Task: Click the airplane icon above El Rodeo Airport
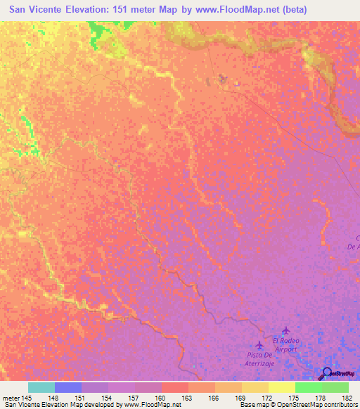285,330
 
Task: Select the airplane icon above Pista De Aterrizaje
260,345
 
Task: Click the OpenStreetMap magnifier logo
327,373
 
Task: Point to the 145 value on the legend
27,398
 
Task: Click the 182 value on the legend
347,398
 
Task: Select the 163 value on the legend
188,398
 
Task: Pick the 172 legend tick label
268,398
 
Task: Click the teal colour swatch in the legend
41,387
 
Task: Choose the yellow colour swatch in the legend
281,387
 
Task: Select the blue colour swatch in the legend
68,387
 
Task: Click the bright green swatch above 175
308,387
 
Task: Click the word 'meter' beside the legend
11,398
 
